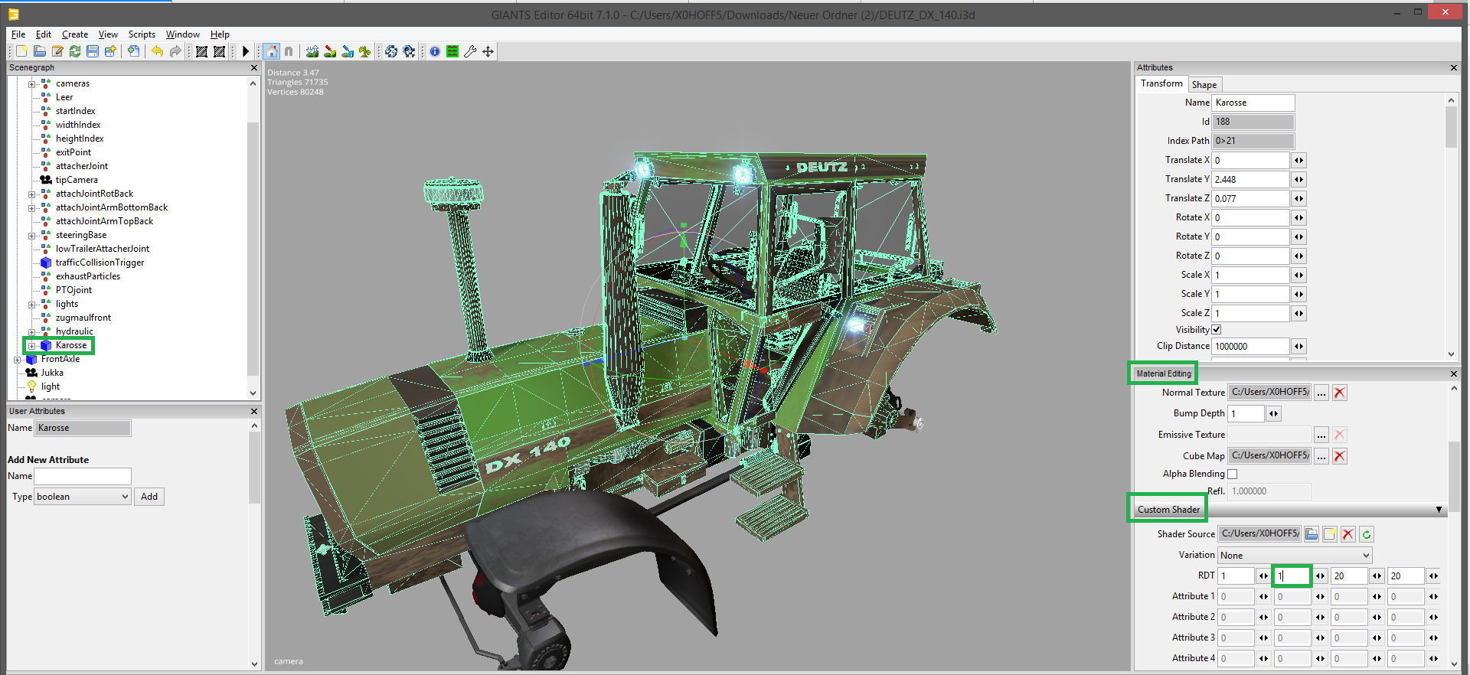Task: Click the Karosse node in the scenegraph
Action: [x=71, y=345]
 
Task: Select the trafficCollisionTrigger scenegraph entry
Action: [x=100, y=262]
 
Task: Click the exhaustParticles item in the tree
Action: [x=88, y=276]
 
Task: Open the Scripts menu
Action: [x=142, y=34]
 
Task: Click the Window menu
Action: [x=183, y=34]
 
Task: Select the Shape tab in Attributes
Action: [x=1204, y=85]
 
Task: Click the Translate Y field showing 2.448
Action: [x=1251, y=179]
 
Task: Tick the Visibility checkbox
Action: [x=1217, y=330]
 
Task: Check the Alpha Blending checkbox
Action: [x=1233, y=474]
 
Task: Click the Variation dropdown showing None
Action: [x=1295, y=555]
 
